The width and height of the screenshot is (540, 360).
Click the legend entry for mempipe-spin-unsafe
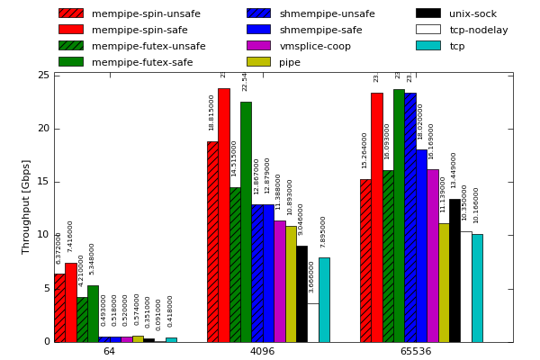[146, 13]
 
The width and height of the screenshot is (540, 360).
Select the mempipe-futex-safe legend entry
[142, 62]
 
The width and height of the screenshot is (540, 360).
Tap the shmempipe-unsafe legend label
[327, 13]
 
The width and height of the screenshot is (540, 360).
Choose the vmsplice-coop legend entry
[315, 46]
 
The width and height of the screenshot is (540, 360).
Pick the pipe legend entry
[290, 62]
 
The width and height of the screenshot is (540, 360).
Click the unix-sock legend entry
[472, 13]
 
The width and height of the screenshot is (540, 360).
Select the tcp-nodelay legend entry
[479, 30]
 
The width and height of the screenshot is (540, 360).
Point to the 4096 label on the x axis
[262, 351]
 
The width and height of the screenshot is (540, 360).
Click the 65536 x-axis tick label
[415, 351]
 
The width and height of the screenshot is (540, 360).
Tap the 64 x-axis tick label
[109, 351]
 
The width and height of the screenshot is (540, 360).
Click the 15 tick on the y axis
[43, 182]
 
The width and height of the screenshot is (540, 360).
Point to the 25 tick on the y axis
[43, 76]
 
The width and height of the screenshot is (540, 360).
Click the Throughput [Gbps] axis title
[26, 206]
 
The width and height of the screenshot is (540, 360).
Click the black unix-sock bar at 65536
[454, 270]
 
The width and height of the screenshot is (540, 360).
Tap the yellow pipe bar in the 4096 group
[291, 283]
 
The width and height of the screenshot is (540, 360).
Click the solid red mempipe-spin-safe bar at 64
[70, 302]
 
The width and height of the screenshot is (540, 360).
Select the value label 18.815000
[212, 113]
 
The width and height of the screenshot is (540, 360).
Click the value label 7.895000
[324, 231]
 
